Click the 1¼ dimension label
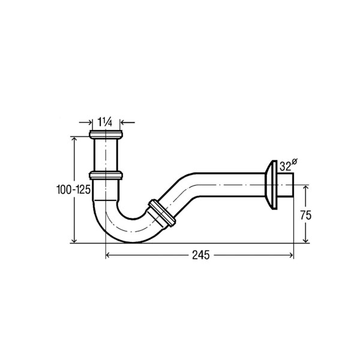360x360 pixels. pyautogui.click(x=105, y=122)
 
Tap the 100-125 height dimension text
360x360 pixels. pyautogui.click(x=73, y=190)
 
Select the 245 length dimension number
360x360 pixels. pyautogui.click(x=201, y=255)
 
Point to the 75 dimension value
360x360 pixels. pyautogui.click(x=305, y=215)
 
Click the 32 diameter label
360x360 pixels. pyautogui.click(x=285, y=166)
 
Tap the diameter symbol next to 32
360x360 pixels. pyautogui.click(x=295, y=161)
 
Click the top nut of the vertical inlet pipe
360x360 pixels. pyautogui.click(x=106, y=134)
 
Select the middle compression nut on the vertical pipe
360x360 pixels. pyautogui.click(x=106, y=175)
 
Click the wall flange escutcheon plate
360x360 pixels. pyautogui.click(x=271, y=185)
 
